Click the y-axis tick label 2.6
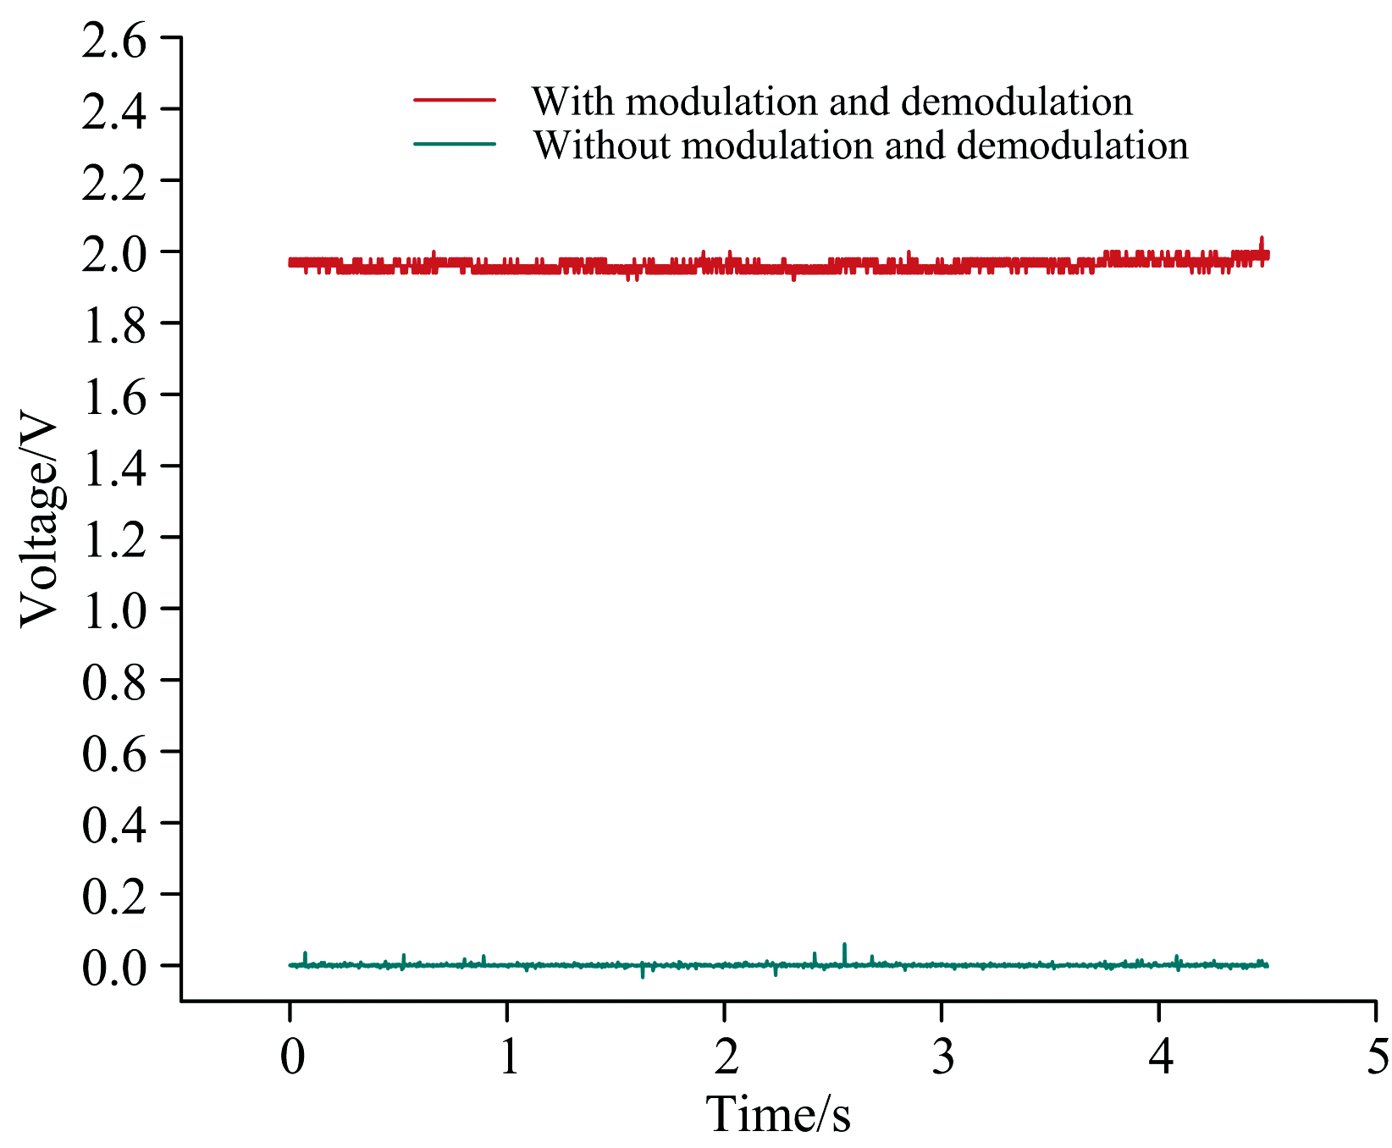tap(113, 39)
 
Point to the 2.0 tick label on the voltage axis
tap(113, 253)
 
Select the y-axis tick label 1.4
tap(113, 467)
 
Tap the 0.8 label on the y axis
tap(113, 682)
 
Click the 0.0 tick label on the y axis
tap(113, 967)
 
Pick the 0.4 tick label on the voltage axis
tap(113, 825)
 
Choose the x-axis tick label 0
tap(291, 1056)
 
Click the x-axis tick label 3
tap(942, 1056)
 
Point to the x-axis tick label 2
tap(726, 1056)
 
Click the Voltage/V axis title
tap(41, 524)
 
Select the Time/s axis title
tap(778, 1114)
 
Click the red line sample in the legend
tap(454, 100)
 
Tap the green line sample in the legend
tap(454, 144)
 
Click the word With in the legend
tap(572, 102)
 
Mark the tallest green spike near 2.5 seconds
tap(844, 947)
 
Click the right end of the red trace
tap(1268, 255)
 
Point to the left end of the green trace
tap(290, 965)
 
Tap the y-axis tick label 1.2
tap(113, 538)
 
